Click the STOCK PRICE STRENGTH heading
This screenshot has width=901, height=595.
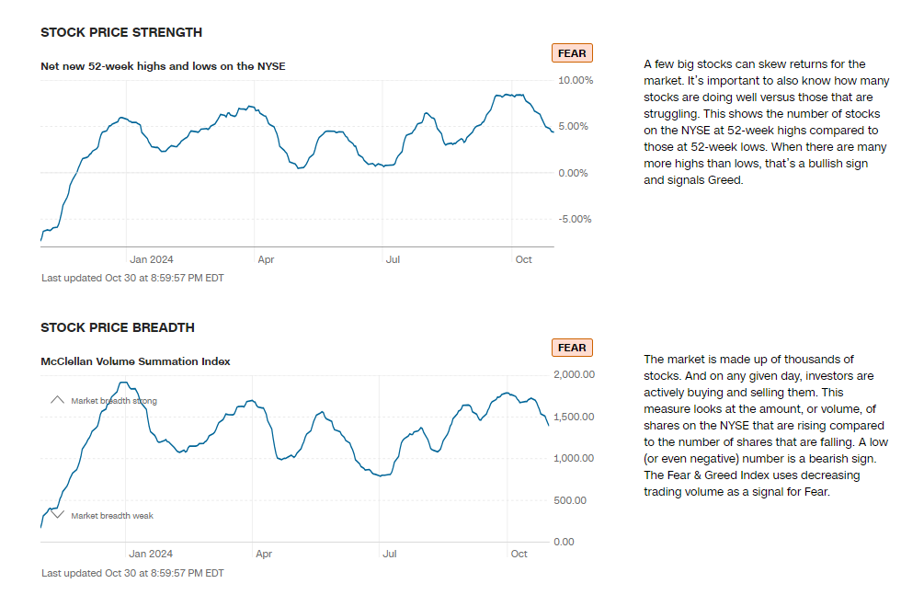pos(121,32)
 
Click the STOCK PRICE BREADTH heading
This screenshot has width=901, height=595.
pos(118,327)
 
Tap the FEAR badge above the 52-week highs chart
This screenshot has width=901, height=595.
pos(572,53)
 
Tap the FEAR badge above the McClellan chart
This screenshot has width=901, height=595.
pos(572,348)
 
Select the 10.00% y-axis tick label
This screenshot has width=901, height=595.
pos(576,81)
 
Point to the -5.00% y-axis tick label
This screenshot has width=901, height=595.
pos(576,219)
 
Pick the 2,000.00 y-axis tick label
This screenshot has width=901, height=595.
pos(575,375)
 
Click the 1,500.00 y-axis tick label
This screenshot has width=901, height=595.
pos(575,417)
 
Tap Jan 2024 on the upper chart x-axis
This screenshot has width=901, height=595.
pos(152,259)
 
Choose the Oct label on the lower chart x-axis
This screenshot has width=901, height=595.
pos(519,554)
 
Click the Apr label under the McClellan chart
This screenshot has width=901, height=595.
pos(264,554)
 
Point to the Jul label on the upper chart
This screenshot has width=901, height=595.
pos(393,259)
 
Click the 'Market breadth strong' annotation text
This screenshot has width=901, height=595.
pos(114,401)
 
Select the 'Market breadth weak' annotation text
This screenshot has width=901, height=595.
pos(112,516)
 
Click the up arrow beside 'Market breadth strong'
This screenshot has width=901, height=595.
pos(57,400)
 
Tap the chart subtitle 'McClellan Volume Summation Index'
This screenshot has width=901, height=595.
pos(135,361)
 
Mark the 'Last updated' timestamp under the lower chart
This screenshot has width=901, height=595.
pos(132,573)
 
